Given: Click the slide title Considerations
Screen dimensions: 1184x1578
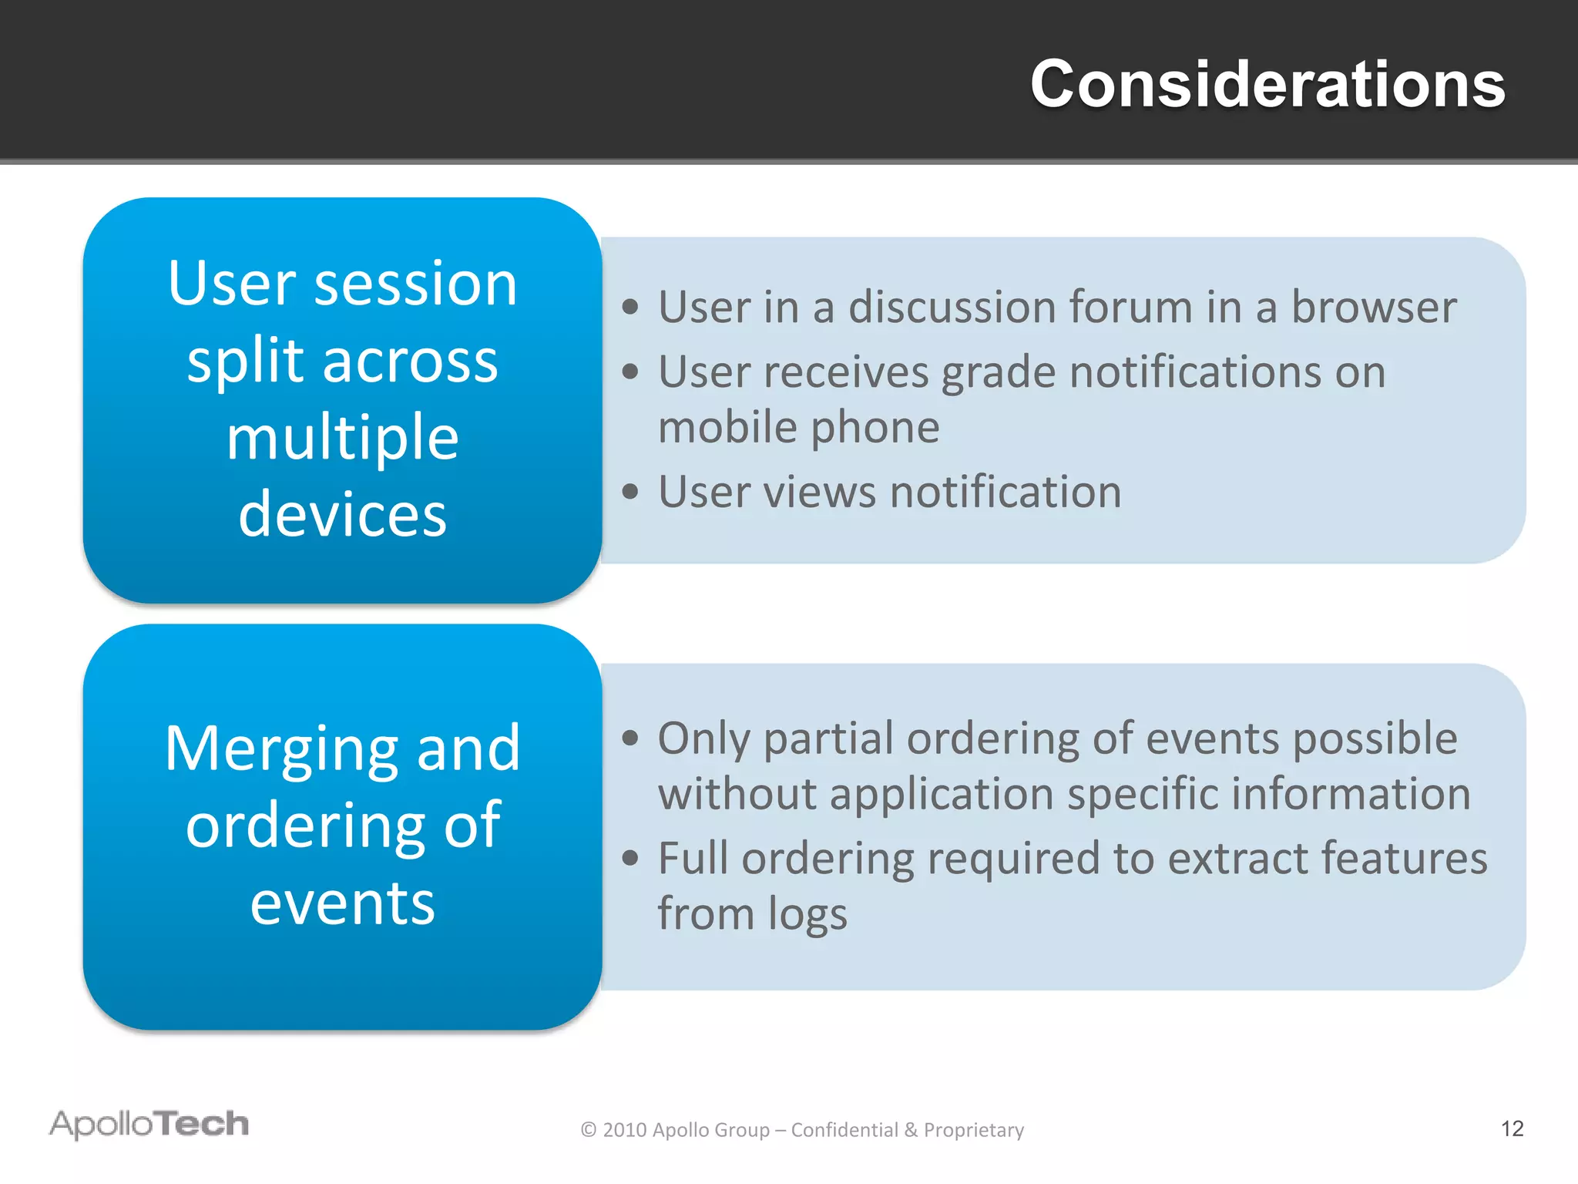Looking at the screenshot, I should (x=1267, y=84).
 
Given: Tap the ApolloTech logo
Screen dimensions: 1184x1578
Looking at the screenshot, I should (x=149, y=1124).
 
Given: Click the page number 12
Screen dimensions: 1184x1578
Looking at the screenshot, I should (x=1512, y=1128).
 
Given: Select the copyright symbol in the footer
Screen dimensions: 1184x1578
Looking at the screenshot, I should (x=589, y=1130).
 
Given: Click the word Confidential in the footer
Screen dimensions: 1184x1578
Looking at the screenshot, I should (x=844, y=1129).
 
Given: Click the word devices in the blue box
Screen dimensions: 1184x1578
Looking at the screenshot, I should (x=343, y=514).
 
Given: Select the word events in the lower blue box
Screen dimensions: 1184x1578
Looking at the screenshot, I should (x=343, y=903).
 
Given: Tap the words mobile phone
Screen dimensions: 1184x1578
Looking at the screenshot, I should (x=799, y=427).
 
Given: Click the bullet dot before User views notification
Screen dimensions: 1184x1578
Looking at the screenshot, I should (x=631, y=492).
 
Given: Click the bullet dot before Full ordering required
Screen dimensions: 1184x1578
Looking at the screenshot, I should (x=631, y=858).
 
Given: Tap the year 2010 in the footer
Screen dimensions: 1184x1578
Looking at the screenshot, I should (x=624, y=1130).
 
